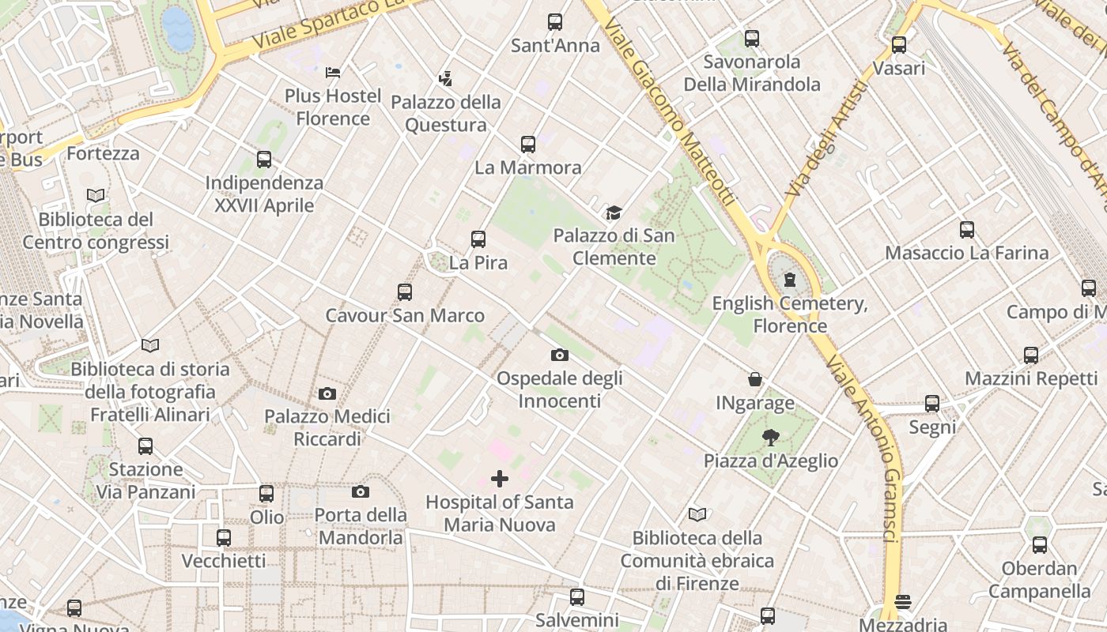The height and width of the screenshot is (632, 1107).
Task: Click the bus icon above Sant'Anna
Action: click(555, 22)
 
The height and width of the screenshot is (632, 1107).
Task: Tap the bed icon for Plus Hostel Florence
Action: click(333, 73)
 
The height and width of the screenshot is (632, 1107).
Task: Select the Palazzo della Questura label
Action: click(447, 114)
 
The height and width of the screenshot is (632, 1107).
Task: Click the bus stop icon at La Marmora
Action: click(528, 145)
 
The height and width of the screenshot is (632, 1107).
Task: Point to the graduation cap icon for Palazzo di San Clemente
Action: click(614, 213)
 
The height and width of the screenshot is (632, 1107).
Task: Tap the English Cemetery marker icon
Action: click(789, 280)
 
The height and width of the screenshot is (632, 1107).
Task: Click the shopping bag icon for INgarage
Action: click(755, 380)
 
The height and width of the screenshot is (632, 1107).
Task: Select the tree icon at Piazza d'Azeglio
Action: click(771, 437)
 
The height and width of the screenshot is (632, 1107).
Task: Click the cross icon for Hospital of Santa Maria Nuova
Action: click(500, 478)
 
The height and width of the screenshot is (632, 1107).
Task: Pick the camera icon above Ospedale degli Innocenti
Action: click(560, 355)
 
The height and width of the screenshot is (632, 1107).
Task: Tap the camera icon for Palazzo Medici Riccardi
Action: click(327, 393)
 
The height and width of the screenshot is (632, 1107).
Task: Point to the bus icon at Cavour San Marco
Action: click(405, 292)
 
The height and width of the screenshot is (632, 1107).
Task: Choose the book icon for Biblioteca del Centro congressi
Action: click(96, 195)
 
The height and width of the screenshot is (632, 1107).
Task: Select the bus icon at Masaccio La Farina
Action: click(966, 230)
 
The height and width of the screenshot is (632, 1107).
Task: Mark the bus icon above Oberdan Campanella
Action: click(1040, 545)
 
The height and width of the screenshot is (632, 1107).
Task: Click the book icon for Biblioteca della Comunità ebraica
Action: click(697, 515)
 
